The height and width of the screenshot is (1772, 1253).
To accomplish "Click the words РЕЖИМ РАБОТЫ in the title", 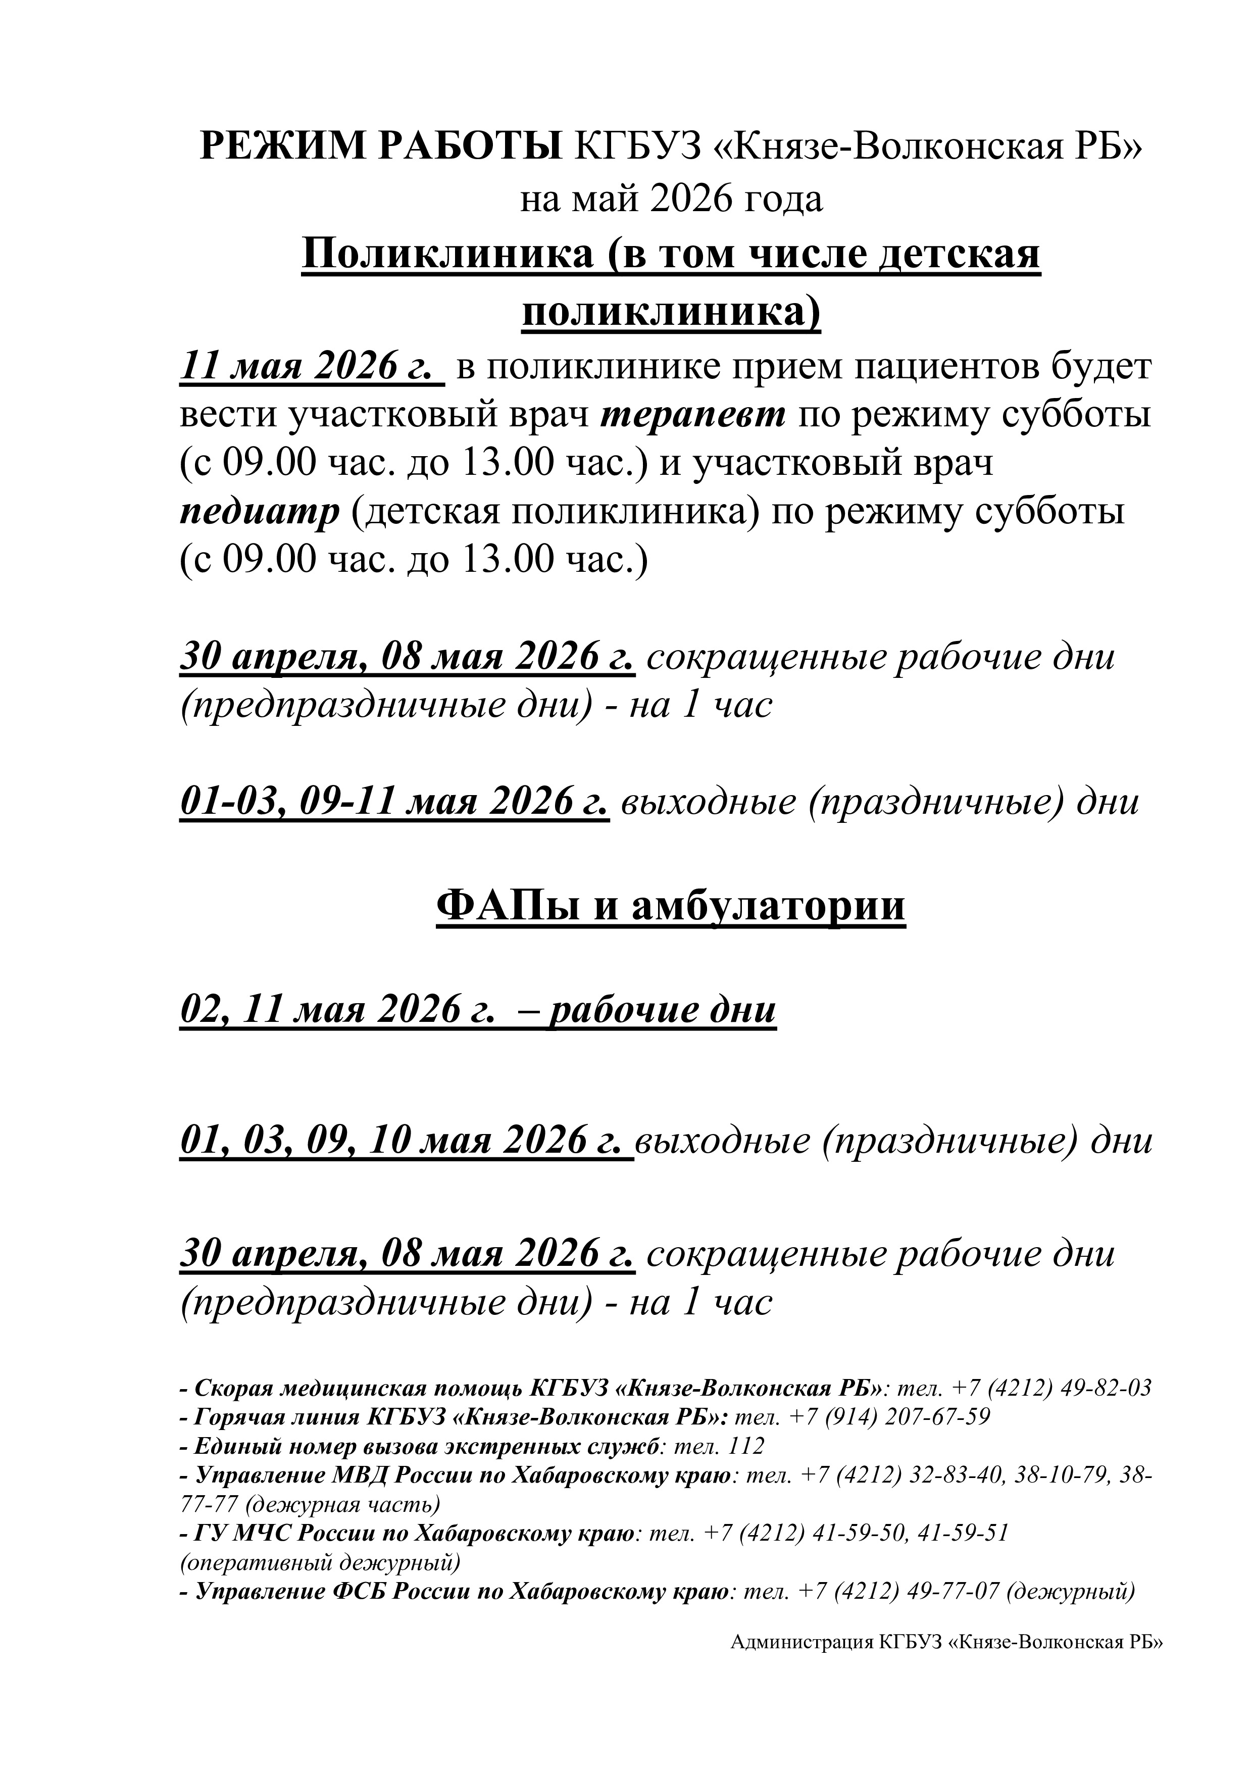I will coord(381,146).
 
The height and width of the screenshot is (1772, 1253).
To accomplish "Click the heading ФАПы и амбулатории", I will coord(671,906).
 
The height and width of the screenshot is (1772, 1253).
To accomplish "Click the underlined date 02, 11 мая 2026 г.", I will coord(336,1010).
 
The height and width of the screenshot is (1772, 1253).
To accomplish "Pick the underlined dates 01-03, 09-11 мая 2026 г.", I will coord(394,802).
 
